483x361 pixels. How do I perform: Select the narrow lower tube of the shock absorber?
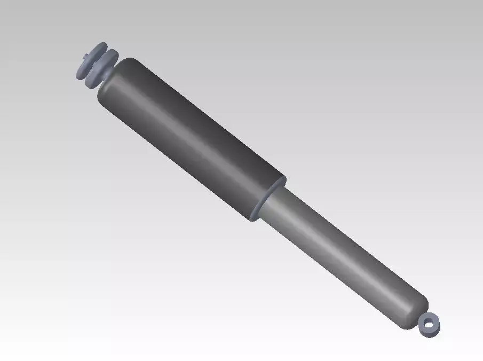click(342, 256)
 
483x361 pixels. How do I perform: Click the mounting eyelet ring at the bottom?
click(429, 325)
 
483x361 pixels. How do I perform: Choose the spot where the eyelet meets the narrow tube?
click(422, 318)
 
